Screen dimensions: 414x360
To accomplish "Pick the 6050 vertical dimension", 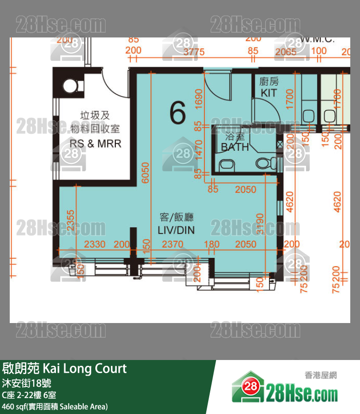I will pos(145,173).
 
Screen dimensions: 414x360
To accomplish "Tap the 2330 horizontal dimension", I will pos(95,244).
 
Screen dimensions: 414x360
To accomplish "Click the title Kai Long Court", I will pos(64,369).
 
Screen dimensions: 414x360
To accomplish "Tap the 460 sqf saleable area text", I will pos(54,406).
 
